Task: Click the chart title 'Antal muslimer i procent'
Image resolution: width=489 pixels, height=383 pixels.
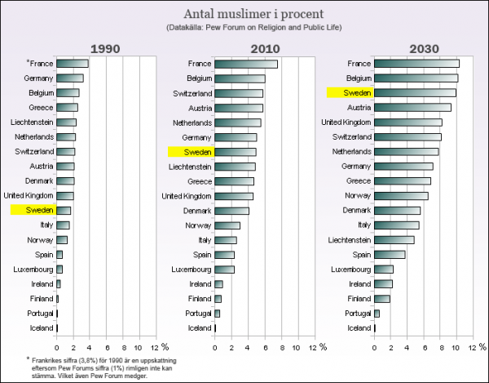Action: [244, 14]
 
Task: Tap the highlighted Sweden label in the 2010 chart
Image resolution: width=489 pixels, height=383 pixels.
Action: [190, 152]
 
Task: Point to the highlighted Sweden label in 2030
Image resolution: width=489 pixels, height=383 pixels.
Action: [349, 93]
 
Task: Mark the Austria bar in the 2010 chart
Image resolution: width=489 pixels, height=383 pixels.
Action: [240, 108]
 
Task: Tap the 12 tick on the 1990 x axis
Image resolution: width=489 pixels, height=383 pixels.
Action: [152, 346]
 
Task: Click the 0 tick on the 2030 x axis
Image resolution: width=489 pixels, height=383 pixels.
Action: [375, 346]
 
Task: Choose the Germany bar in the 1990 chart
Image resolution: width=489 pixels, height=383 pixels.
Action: [70, 78]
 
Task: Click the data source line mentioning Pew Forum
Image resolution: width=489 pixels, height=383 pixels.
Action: [244, 29]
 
